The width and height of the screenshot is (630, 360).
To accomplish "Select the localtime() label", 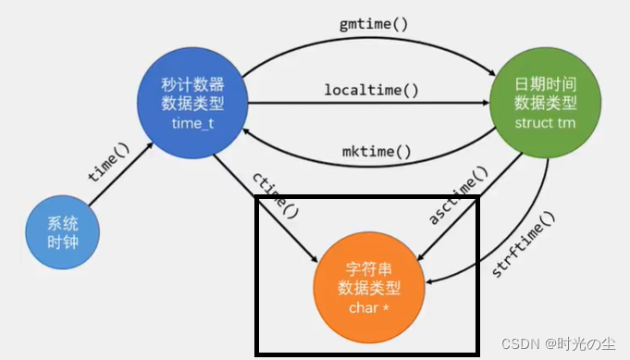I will (x=371, y=90).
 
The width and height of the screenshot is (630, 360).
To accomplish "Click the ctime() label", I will (x=275, y=195).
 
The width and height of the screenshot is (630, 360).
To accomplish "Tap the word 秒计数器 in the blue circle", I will (x=191, y=83).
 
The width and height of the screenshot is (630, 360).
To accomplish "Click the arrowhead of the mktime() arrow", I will (x=247, y=130).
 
